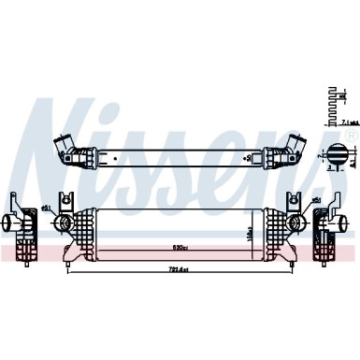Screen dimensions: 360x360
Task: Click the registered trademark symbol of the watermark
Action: [x=350, y=136]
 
